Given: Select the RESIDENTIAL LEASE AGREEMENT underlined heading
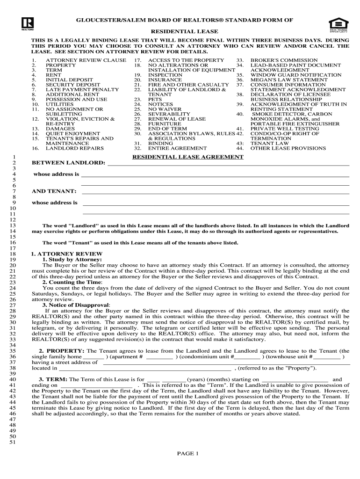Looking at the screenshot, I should [x=187, y=157].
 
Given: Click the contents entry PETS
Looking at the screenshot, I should [x=155, y=99].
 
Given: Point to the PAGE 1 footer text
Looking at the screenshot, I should [x=188, y=453].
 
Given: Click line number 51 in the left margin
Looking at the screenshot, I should [x=13, y=442].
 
